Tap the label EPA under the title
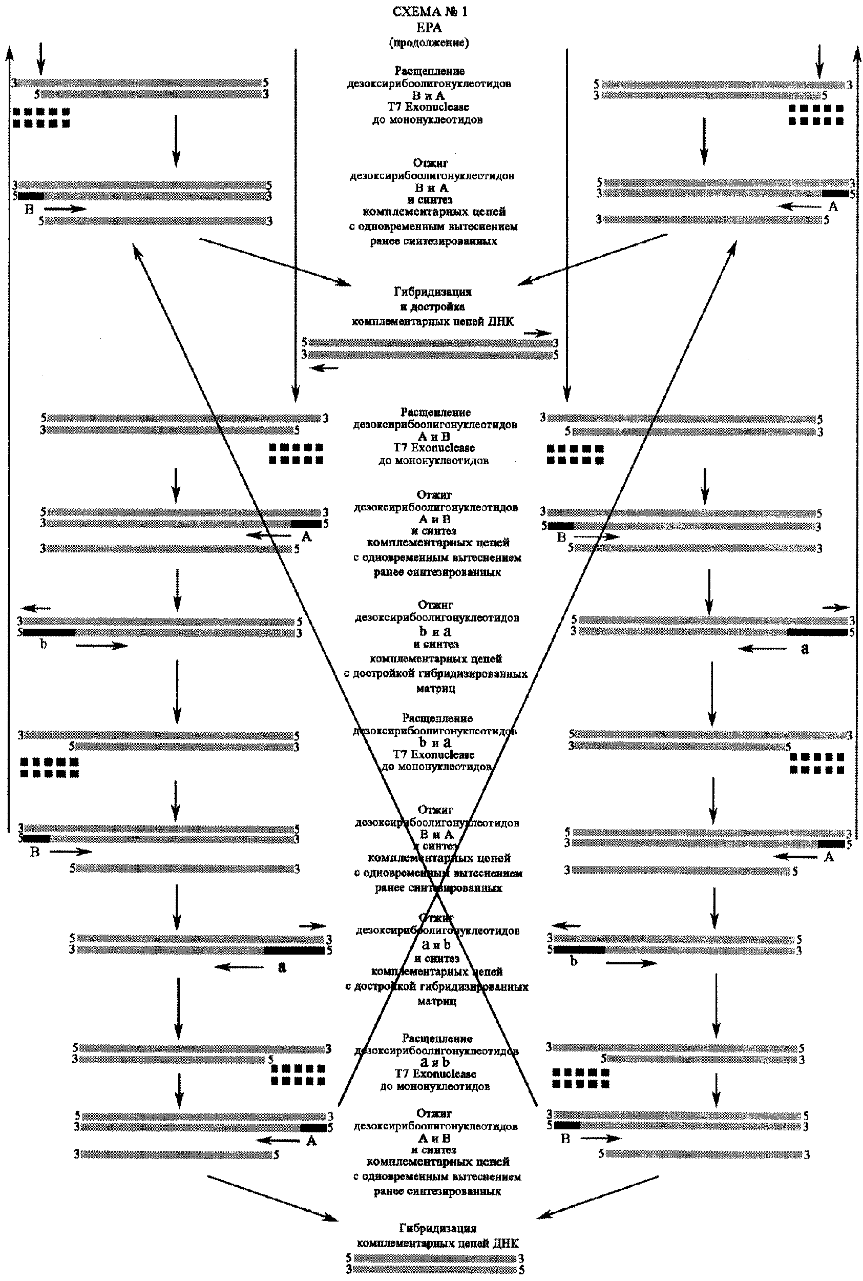point(429,27)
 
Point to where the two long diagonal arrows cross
point(437,895)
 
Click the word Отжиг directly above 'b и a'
point(435,605)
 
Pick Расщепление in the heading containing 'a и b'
point(437,1038)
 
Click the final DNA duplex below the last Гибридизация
point(435,1264)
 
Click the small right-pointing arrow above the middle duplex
point(537,333)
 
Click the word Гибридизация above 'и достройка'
point(433,292)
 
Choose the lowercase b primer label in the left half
point(44,644)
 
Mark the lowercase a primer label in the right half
point(805,649)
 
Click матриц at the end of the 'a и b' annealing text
point(436,1001)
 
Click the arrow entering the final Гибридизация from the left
point(272,1202)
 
